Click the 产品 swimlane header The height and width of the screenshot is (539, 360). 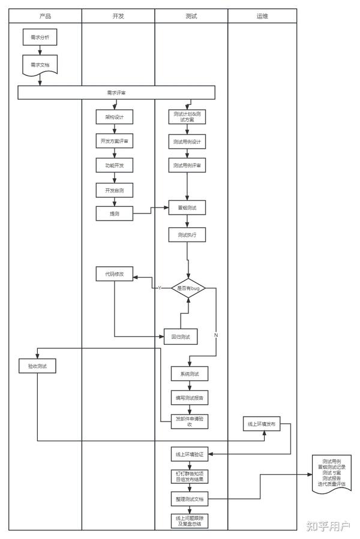coord(45,16)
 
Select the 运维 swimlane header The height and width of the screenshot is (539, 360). coord(262,16)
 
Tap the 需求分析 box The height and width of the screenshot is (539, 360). coord(40,38)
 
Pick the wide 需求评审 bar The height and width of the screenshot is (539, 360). coord(116,92)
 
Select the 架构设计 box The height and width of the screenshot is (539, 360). coord(114,117)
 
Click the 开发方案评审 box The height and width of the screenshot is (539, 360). coord(114,141)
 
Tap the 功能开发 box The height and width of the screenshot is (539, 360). coord(114,165)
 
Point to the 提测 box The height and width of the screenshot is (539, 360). coord(114,213)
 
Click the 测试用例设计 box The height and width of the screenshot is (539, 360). coord(187,141)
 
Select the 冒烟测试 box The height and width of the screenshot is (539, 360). coord(187,208)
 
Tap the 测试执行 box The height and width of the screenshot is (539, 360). coord(187,234)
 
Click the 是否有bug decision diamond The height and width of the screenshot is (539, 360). coord(188,288)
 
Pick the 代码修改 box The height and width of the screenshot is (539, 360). coord(114,274)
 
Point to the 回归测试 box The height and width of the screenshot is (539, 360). coord(181,337)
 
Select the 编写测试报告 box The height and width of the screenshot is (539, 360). coord(189,398)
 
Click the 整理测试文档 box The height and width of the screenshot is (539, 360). coord(189,499)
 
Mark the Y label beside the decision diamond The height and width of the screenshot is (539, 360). coord(160,288)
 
